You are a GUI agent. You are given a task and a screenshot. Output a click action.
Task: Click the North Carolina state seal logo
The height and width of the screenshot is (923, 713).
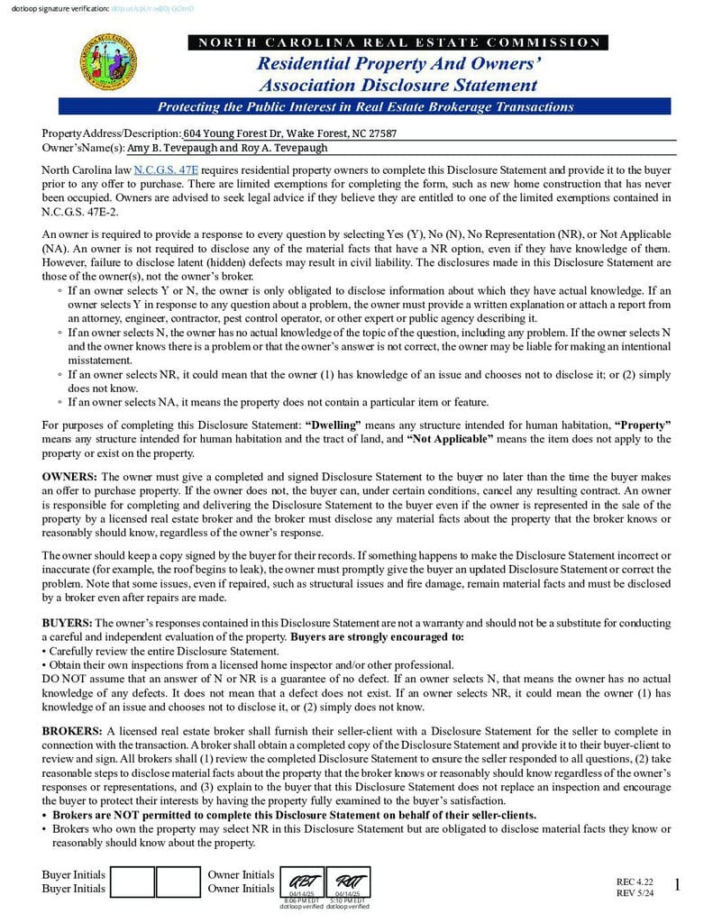pos(109,62)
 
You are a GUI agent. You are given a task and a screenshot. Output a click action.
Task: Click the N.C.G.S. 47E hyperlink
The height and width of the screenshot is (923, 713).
pos(166,169)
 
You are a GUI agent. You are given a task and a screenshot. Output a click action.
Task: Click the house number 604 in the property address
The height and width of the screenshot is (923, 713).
pos(192,133)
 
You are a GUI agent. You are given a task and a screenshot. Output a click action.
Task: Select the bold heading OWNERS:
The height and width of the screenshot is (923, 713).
pos(70,475)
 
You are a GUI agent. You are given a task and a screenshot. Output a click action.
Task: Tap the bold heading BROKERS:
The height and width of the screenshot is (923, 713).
pos(72,730)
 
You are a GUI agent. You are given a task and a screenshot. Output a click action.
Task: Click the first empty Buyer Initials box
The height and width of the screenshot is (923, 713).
pos(133,882)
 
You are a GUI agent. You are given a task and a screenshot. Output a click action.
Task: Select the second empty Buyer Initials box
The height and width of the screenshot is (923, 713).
pos(178,882)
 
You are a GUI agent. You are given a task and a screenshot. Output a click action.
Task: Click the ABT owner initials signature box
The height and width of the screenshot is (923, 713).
pos(301,882)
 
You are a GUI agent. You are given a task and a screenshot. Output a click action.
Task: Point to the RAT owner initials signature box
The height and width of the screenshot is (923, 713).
pos(347,882)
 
